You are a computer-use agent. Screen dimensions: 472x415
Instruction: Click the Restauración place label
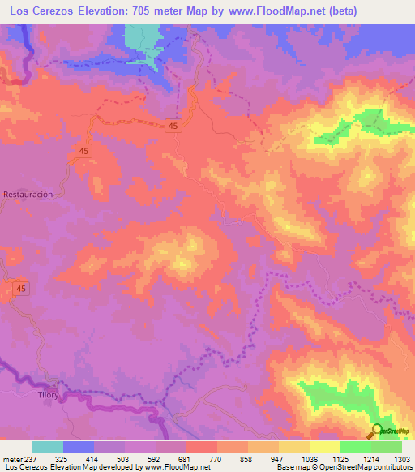coord(28,195)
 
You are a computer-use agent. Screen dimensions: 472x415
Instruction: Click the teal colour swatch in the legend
coord(48,447)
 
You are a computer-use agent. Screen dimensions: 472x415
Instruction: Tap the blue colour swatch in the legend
coord(79,447)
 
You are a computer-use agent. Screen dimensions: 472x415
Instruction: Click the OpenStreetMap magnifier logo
coord(378,431)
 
